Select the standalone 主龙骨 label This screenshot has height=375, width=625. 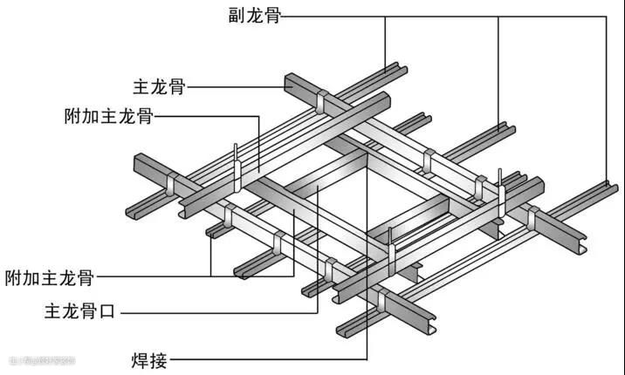pos(158,86)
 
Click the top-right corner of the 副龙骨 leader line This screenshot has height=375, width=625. pos(606,16)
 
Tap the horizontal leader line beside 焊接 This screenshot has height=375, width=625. pos(262,358)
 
